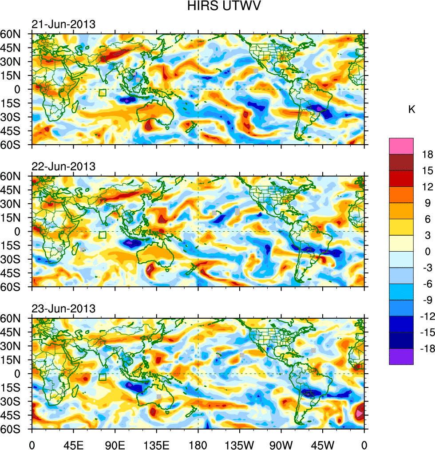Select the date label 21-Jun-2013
[x=63, y=24]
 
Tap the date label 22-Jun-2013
[x=63, y=166]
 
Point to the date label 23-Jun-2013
[x=63, y=308]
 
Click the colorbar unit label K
[x=412, y=109]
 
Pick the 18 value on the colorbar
[x=427, y=154]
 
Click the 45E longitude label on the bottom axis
[x=73, y=444]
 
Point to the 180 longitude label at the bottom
[x=198, y=444]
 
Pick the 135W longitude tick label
[x=239, y=444]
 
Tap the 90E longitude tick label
[x=115, y=444]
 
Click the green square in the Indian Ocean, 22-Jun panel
[x=103, y=235]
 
